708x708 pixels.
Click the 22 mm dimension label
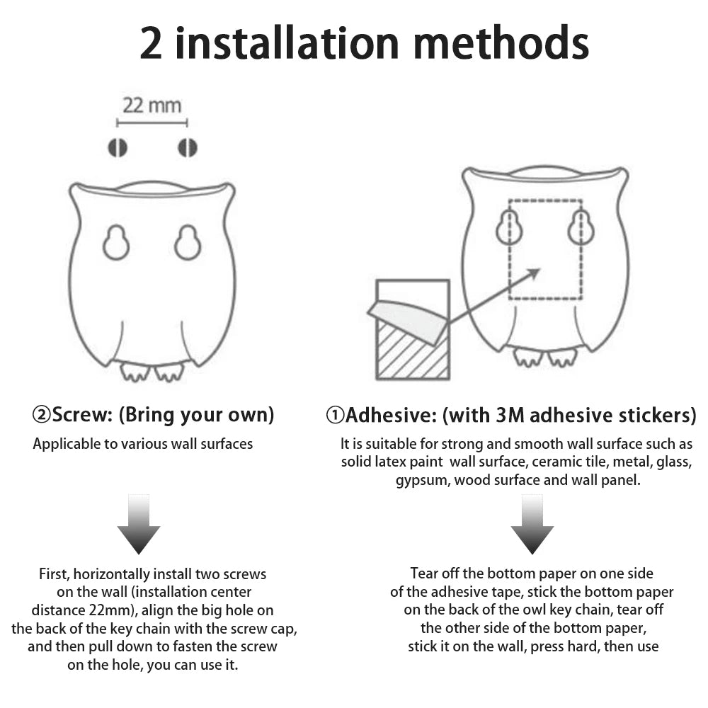(152, 105)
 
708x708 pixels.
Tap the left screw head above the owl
(118, 147)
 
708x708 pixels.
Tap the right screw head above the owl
(187, 147)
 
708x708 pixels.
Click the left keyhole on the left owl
(116, 243)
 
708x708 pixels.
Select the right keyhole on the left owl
(188, 243)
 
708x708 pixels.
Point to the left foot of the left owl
(135, 371)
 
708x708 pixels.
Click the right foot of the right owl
(561, 357)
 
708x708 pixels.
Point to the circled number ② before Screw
(40, 414)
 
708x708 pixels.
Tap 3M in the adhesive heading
(508, 415)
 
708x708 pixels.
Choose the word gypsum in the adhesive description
(421, 481)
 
